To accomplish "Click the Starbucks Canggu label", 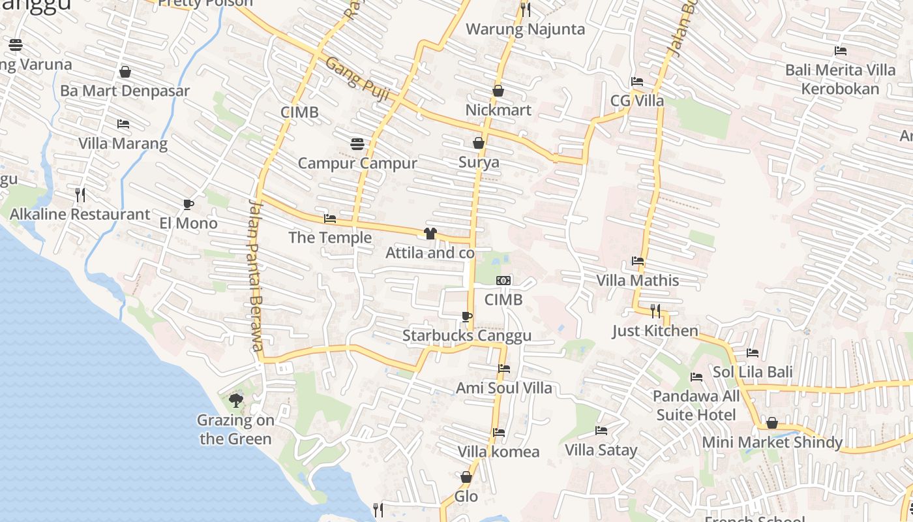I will (466, 335).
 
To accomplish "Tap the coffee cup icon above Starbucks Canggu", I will (466, 317).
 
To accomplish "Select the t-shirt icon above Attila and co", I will (430, 234).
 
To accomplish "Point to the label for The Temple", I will (330, 238).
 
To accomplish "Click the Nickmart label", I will (498, 110).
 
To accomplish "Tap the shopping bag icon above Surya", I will (479, 143).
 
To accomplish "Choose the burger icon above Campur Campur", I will (357, 144).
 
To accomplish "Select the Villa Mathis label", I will (637, 281).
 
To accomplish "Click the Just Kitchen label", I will (655, 331).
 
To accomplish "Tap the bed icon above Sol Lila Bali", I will (753, 353).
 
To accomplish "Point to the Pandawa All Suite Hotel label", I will (696, 405).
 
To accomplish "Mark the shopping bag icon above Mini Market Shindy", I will (772, 423).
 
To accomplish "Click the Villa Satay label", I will (601, 450).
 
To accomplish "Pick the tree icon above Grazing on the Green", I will (235, 401).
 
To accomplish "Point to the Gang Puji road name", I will (357, 79).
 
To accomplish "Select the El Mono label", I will (188, 223).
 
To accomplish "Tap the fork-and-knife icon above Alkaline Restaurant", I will (80, 194).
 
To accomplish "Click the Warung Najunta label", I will (526, 29).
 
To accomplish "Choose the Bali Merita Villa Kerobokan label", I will (840, 79).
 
